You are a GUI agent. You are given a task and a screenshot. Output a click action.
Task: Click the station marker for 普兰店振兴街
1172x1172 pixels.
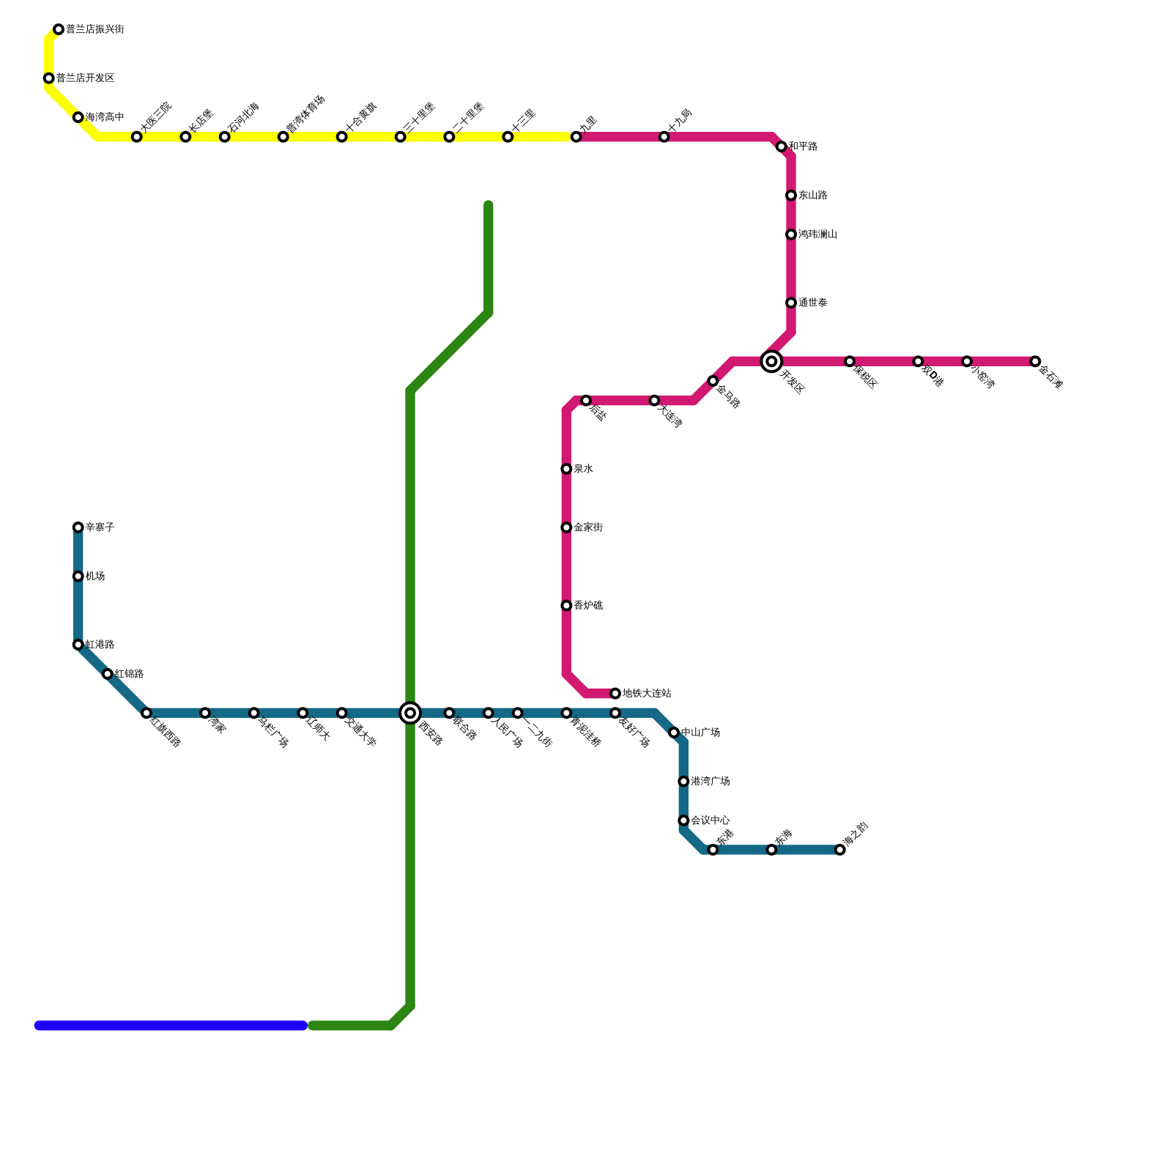(x=59, y=30)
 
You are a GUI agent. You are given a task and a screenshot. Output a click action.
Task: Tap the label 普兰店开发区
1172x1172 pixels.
(x=85, y=78)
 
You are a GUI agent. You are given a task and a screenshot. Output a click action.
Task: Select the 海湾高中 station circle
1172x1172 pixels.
(x=78, y=117)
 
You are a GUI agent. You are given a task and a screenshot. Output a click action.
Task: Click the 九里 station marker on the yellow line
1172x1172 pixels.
(x=576, y=137)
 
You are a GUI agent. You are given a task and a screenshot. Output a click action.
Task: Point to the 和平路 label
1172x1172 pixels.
(x=803, y=146)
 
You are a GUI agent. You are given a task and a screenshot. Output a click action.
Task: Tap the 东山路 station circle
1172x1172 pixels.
(x=791, y=196)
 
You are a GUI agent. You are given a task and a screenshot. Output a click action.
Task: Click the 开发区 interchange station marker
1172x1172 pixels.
(x=771, y=361)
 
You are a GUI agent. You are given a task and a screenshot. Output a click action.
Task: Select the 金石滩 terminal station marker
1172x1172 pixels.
(x=1035, y=361)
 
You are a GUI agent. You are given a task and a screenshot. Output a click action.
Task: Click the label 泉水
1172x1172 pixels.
(x=583, y=469)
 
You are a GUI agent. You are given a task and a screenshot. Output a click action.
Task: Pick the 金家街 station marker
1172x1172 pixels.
(x=566, y=527)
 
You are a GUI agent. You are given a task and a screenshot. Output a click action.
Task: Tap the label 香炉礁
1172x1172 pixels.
(x=588, y=606)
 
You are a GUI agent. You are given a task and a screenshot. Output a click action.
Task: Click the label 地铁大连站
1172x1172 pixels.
(x=647, y=694)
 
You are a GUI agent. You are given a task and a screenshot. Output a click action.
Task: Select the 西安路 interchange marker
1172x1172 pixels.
(x=410, y=713)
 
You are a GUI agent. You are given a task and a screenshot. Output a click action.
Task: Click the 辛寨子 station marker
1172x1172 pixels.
(x=78, y=527)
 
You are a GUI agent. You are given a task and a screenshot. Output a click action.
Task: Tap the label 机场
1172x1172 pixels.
(x=95, y=576)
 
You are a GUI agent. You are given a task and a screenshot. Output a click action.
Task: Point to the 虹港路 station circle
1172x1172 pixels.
(x=78, y=645)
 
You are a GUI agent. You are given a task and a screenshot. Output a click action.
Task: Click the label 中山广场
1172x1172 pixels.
(x=700, y=732)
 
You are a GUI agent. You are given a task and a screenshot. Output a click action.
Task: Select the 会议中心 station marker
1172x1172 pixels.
(x=683, y=820)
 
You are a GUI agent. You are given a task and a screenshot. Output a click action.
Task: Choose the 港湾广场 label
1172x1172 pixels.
(x=710, y=782)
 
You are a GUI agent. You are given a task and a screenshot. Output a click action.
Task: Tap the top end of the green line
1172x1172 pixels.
(x=489, y=206)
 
